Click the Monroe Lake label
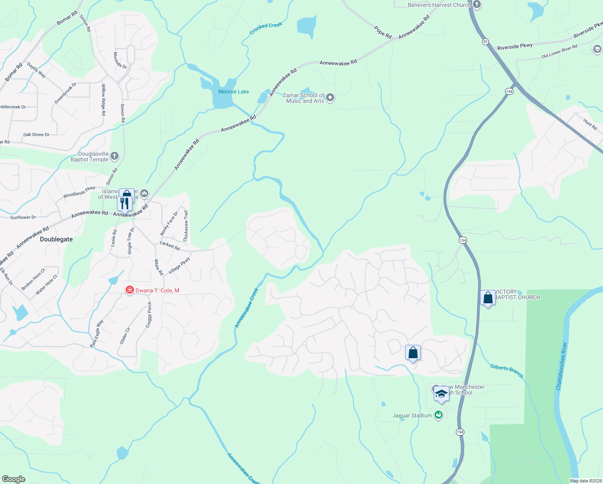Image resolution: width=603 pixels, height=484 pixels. click(233, 92)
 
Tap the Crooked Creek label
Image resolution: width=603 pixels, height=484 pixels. click(266, 28)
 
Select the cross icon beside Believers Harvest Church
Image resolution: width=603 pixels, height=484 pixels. click(477, 5)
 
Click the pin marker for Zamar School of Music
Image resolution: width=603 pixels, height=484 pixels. click(330, 98)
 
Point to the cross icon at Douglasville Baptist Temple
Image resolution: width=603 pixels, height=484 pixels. click(114, 156)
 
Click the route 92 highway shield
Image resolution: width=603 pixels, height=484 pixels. click(485, 42)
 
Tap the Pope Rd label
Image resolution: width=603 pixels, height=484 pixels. click(383, 32)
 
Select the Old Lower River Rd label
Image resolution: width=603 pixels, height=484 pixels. click(559, 51)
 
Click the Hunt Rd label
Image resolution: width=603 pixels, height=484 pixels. click(590, 124)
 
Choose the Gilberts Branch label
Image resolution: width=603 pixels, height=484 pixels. click(507, 371)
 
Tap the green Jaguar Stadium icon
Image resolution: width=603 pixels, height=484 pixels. click(439, 415)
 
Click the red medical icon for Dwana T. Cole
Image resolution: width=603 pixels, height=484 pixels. click(129, 290)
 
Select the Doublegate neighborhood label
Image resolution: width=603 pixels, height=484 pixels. click(56, 239)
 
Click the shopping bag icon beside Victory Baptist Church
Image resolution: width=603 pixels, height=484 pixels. click(488, 298)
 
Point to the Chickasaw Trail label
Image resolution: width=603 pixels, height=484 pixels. click(186, 226)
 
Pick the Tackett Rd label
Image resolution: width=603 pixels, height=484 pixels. click(170, 245)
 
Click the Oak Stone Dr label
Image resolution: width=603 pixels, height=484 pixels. click(36, 135)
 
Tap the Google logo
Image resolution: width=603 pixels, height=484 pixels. click(14, 479)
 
